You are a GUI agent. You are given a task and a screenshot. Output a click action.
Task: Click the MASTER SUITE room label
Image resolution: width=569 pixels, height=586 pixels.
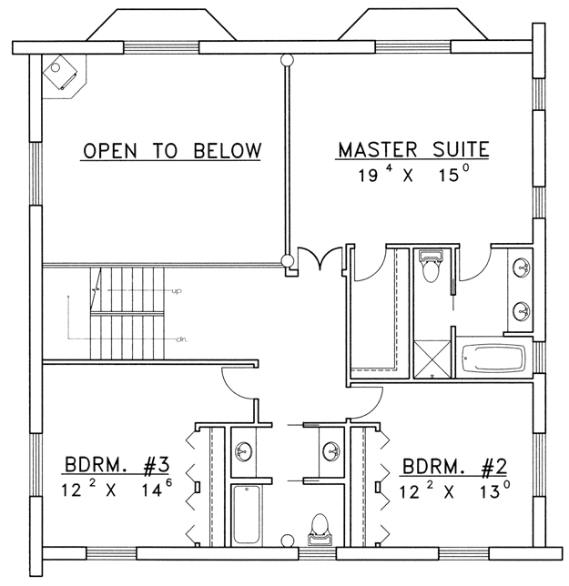[x=413, y=149]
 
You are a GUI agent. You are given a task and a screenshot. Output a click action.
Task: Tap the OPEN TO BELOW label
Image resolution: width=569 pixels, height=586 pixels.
[x=171, y=151]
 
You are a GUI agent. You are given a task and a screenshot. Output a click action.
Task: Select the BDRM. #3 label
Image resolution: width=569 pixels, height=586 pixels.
[x=117, y=466]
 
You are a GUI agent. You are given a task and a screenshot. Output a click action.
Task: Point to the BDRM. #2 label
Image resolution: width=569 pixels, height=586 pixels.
[x=454, y=467]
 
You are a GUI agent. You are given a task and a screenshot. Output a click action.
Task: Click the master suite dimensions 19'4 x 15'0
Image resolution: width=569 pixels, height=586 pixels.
[x=413, y=174]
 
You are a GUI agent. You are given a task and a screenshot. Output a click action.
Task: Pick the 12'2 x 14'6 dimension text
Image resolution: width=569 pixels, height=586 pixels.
[x=117, y=489]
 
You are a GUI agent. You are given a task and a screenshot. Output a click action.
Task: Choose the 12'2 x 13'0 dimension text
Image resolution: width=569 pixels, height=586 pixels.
[x=454, y=490]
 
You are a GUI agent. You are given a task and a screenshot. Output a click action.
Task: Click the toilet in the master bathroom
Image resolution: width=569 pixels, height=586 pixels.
[x=431, y=266]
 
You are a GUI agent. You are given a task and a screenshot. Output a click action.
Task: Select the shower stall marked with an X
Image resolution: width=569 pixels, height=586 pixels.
[x=432, y=359]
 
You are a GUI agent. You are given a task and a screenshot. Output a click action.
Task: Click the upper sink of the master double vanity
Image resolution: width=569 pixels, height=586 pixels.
[x=522, y=268]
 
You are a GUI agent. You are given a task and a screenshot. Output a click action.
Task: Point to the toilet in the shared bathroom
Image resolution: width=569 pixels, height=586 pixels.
[x=320, y=529]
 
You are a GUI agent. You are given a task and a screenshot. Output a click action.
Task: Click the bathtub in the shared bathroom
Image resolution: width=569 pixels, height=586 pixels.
[x=246, y=514]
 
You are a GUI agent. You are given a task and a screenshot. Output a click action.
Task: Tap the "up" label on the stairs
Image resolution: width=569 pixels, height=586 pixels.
[x=177, y=290]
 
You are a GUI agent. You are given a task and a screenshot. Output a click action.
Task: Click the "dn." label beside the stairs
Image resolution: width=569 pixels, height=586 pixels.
[x=182, y=339]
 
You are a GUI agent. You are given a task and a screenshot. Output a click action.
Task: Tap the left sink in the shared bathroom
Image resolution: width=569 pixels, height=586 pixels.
[x=243, y=452]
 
